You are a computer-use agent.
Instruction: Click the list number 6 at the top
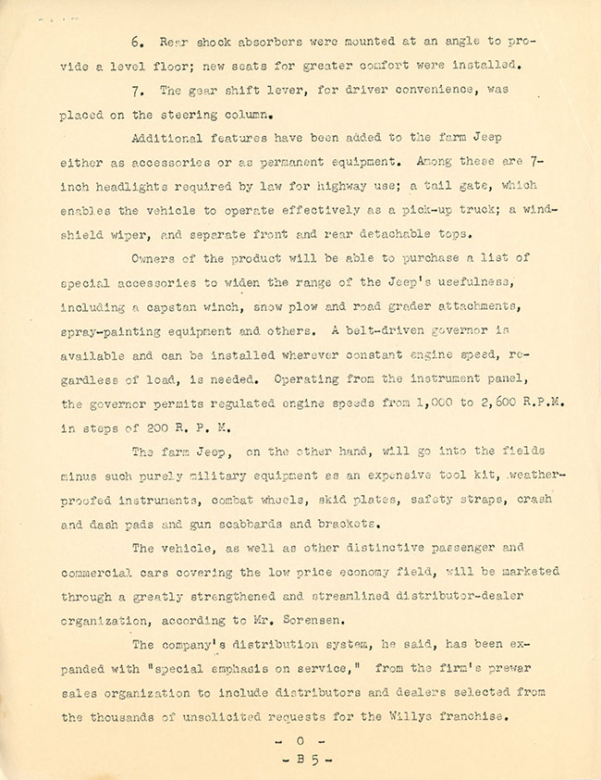[135, 43]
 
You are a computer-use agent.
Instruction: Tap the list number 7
[135, 91]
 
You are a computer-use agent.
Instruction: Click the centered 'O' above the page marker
[300, 741]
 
